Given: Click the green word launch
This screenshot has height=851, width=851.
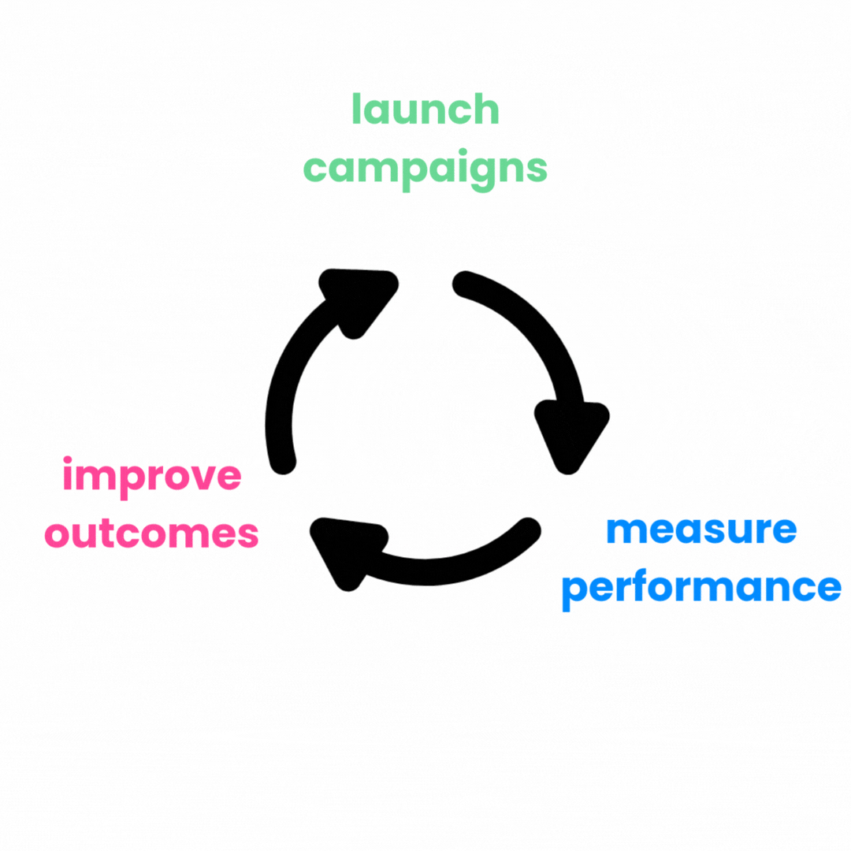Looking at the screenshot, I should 425,110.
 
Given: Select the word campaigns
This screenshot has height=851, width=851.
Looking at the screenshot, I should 425,168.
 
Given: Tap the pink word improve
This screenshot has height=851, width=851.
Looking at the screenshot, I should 152,477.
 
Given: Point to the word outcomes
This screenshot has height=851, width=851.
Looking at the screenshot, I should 152,534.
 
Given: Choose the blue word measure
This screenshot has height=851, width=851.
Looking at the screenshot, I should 700,530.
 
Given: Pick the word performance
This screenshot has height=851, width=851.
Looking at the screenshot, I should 700,587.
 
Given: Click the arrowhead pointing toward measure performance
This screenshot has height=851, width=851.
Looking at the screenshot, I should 571,433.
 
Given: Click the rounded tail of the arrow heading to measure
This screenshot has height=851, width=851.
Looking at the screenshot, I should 465,284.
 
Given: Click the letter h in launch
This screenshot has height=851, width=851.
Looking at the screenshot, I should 486,110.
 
